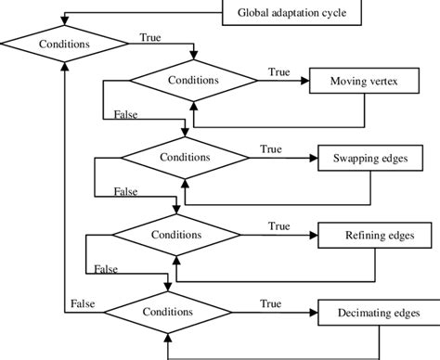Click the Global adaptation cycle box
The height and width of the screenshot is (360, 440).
(284, 13)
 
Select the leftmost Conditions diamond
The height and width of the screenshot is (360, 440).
(64, 43)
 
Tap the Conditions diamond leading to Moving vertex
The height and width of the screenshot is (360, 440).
(192, 81)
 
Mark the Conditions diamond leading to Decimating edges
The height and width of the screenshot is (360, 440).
(167, 312)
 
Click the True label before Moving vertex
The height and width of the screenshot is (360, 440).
(278, 71)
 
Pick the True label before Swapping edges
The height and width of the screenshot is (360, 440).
(271, 148)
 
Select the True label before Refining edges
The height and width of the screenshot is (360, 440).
(278, 225)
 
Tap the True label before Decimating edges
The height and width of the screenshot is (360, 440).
(271, 303)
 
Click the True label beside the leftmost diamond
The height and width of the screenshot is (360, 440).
(149, 37)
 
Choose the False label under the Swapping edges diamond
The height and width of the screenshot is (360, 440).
(125, 190)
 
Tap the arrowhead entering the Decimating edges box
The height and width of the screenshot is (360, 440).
(313, 312)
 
